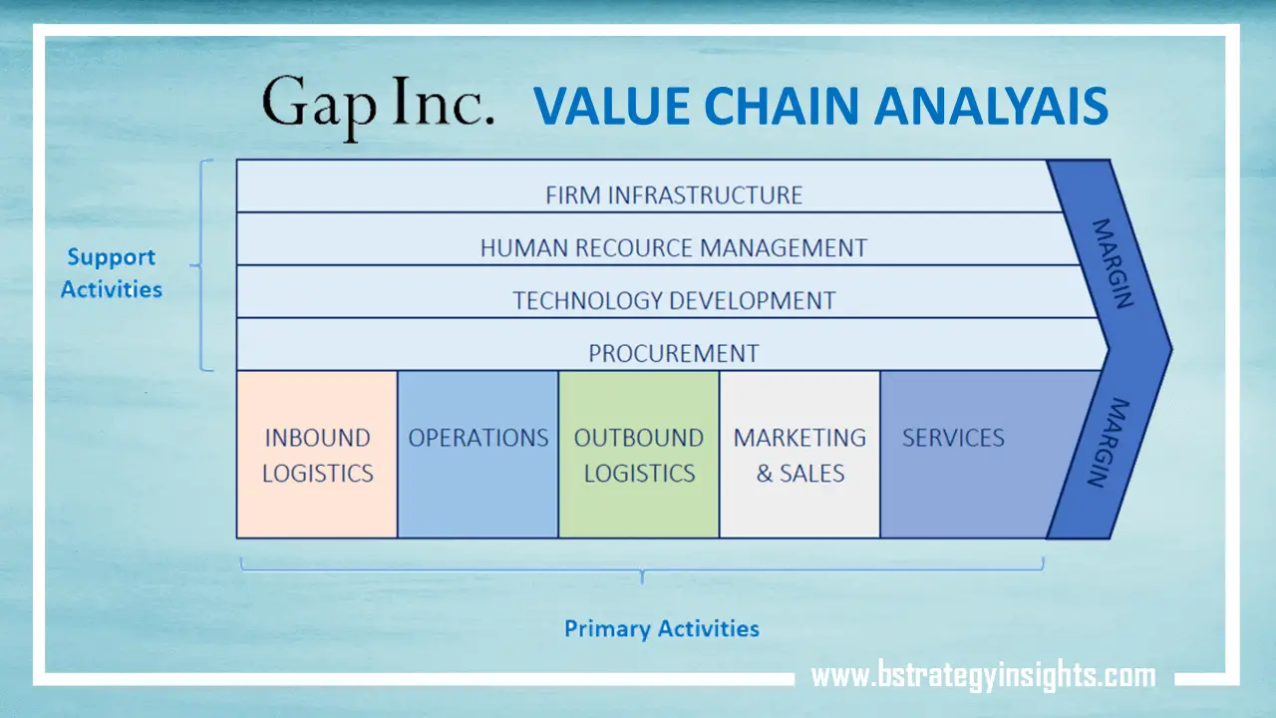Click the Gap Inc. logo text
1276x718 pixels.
[x=377, y=106]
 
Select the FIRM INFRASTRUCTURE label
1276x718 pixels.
[x=673, y=194]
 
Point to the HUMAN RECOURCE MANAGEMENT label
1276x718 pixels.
[x=673, y=247]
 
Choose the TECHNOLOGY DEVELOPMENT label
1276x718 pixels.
[x=673, y=300]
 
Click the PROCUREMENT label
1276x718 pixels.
[x=673, y=353]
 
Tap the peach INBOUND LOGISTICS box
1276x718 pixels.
[x=317, y=455]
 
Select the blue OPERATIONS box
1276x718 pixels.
[x=478, y=455]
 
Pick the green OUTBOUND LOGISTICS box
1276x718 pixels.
[x=639, y=455]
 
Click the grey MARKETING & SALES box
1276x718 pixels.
[x=799, y=455]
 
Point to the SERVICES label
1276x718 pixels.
[x=953, y=438]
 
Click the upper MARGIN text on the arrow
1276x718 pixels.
[x=1110, y=263]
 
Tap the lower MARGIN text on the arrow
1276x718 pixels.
[x=1110, y=443]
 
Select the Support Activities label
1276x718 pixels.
[x=111, y=273]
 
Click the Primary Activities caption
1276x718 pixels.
[x=662, y=628]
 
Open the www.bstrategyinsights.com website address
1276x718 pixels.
[x=983, y=676]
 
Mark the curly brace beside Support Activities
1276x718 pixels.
[x=203, y=265]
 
